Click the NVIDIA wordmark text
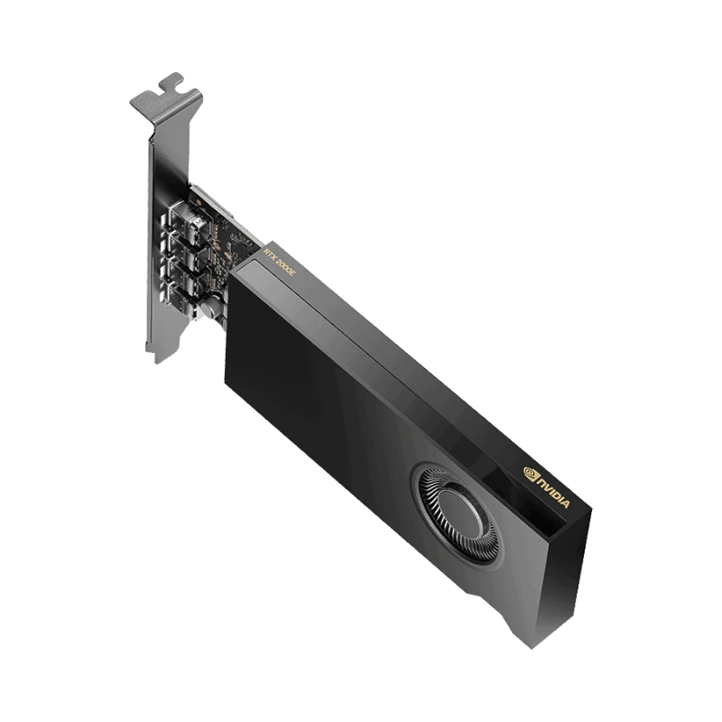point(551,494)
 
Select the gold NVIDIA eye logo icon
point(531,474)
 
